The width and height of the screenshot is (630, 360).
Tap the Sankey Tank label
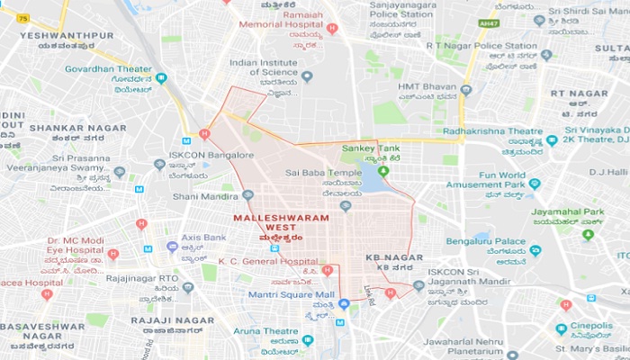coord(369,148)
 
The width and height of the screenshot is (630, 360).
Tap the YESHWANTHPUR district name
coord(67,36)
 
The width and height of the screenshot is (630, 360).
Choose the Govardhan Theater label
coord(108,67)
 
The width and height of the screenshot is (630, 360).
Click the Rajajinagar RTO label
coord(140,279)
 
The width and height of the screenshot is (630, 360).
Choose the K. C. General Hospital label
coord(268,261)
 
